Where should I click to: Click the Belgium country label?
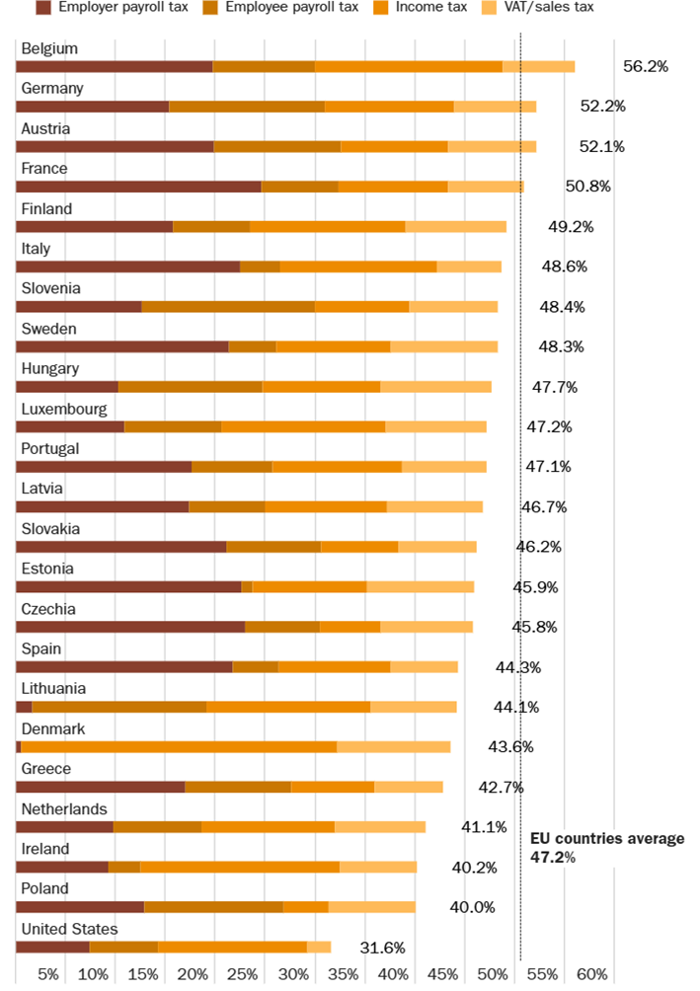click(49, 48)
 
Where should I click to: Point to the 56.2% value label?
click(646, 66)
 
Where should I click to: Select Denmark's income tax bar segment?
click(178, 747)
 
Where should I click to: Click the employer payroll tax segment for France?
click(138, 187)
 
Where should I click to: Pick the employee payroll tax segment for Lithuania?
click(118, 707)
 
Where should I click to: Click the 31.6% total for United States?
click(382, 949)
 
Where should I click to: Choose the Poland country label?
click(45, 888)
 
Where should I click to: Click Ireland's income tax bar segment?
click(240, 867)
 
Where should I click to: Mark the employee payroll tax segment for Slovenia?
click(228, 306)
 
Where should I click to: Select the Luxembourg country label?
click(64, 409)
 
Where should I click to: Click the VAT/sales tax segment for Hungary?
click(435, 387)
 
